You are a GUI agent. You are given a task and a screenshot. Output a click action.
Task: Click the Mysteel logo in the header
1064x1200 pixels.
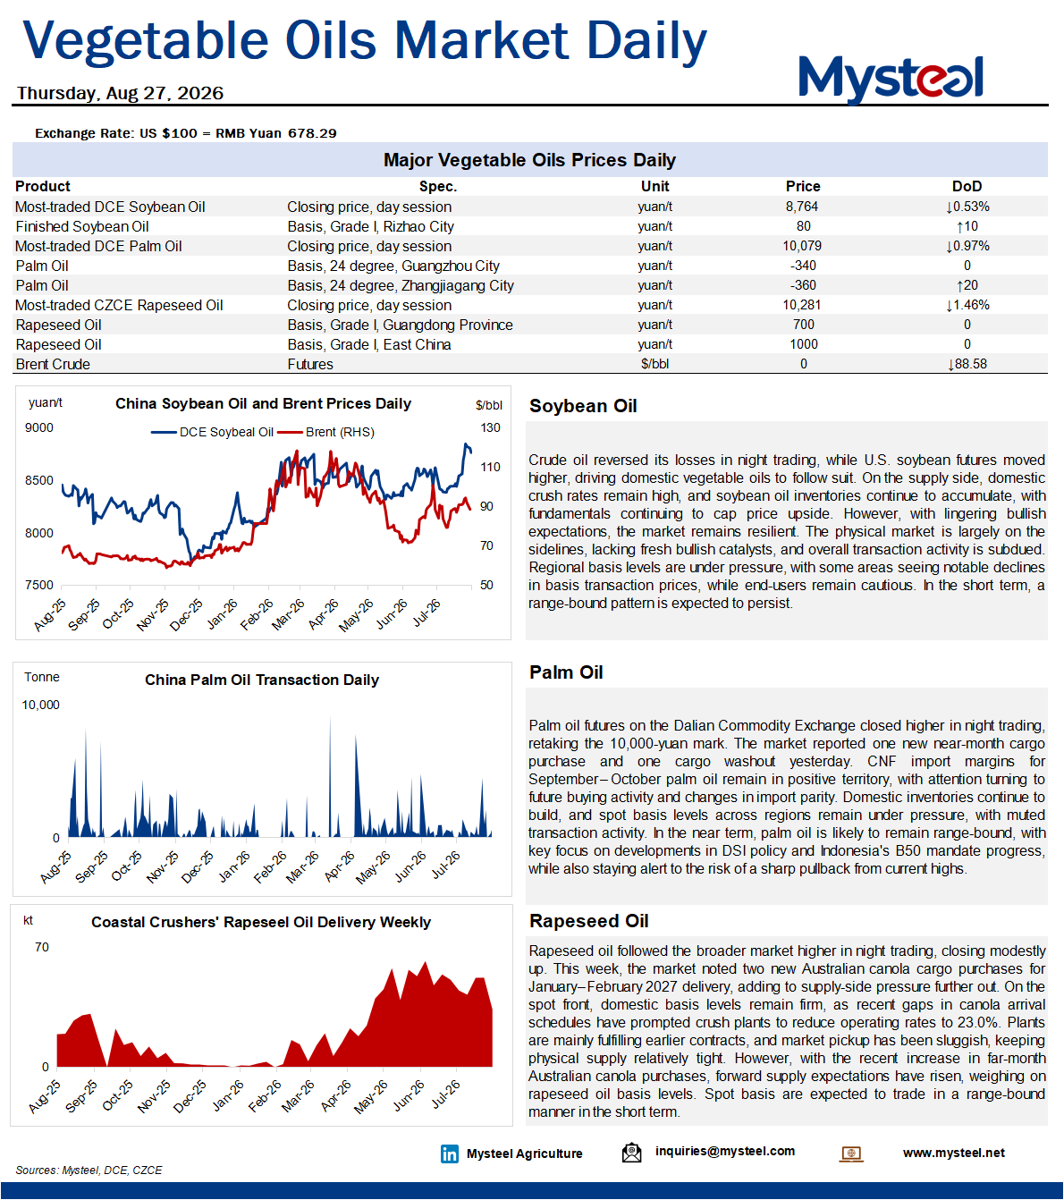[x=891, y=79]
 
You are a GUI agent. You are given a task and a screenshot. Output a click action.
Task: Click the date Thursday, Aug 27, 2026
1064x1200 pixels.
[x=121, y=93]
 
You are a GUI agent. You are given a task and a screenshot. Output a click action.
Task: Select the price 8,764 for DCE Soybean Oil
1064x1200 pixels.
[x=802, y=207]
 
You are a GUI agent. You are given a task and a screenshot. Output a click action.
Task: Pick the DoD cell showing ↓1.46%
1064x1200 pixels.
[x=967, y=305]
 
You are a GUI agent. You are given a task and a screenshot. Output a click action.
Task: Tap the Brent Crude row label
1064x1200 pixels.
[x=53, y=364]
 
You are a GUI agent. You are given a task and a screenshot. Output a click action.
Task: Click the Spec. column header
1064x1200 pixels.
[x=438, y=187]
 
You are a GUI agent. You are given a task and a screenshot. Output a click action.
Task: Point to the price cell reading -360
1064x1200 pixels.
[x=803, y=285]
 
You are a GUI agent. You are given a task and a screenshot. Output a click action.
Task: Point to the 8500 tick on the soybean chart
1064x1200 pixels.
[x=39, y=480]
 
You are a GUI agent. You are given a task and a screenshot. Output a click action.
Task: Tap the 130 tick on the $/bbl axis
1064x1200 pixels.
[x=490, y=427]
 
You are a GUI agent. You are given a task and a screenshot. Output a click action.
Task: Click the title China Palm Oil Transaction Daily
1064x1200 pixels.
[x=262, y=680]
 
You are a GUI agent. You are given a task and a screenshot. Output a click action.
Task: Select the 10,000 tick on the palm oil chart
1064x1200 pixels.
[x=40, y=705]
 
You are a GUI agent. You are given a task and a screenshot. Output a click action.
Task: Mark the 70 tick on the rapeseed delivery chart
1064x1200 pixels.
[x=41, y=947]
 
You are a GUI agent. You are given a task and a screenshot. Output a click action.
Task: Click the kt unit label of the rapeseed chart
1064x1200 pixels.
[x=28, y=920]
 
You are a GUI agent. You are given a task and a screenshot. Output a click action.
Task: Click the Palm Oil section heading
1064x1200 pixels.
[x=566, y=672]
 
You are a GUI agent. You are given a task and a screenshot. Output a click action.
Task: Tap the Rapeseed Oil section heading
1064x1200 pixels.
[x=589, y=921]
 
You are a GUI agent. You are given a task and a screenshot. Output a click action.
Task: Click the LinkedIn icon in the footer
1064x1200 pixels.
[x=449, y=1154]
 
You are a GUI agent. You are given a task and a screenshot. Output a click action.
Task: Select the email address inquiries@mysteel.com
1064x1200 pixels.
[x=724, y=1151]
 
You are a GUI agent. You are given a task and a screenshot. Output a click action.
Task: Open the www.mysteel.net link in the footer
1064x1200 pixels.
[x=954, y=1153]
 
